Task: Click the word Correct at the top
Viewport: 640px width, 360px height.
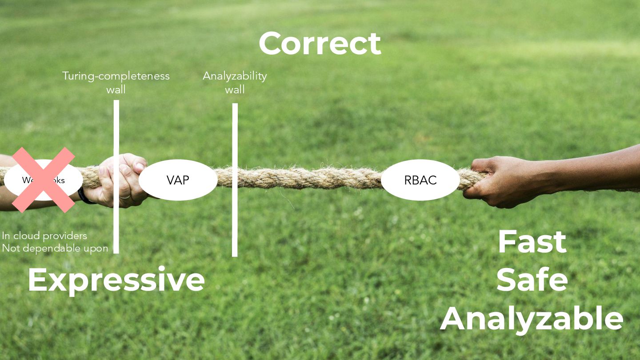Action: tap(320, 44)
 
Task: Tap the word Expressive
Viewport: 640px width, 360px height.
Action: tap(116, 280)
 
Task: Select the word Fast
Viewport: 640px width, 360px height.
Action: tap(532, 242)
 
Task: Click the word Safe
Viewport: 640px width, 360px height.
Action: tap(532, 280)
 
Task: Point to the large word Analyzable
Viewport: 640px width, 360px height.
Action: tap(532, 318)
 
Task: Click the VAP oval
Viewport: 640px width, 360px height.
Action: tap(178, 180)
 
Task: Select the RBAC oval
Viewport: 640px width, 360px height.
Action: tap(420, 180)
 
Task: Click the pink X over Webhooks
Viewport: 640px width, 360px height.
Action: tap(43, 180)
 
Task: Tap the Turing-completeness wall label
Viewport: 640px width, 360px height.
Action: tap(116, 82)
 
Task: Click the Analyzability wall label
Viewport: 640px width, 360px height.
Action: tap(235, 82)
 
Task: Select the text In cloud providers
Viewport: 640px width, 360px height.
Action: tap(44, 236)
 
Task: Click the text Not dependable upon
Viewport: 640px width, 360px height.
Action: tap(55, 248)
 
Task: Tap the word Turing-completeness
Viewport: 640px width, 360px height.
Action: tap(116, 76)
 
